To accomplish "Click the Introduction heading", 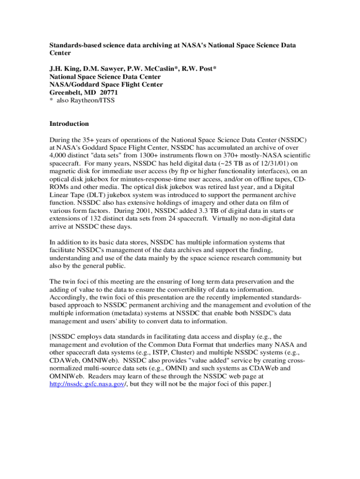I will (69, 124).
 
